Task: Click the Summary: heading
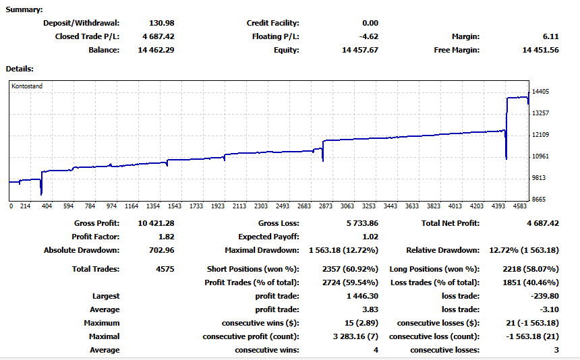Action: coord(24,9)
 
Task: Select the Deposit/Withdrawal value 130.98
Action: coord(162,23)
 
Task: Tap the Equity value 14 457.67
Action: coord(360,50)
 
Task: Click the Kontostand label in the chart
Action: coord(27,86)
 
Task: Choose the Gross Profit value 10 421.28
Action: coord(156,223)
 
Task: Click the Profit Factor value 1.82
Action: coord(166,237)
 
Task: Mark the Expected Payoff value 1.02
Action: coord(370,237)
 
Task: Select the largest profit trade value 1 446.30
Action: coord(362,296)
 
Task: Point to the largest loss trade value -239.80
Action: coord(545,296)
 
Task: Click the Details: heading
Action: coord(20,69)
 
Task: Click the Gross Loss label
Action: coord(279,223)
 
